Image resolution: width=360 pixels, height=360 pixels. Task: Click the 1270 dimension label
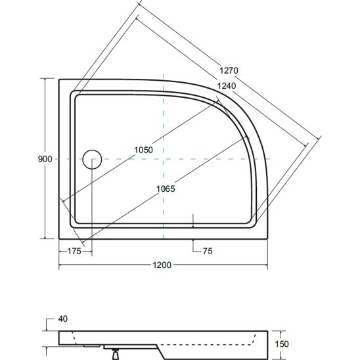(x=229, y=70)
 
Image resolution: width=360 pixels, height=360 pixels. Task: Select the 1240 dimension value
(x=227, y=86)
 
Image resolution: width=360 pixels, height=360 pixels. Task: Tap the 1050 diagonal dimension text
(x=143, y=150)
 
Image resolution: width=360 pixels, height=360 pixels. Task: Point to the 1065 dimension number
(x=166, y=189)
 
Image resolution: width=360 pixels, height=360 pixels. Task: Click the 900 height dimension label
(x=45, y=159)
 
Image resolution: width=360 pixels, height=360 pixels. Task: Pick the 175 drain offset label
(x=74, y=251)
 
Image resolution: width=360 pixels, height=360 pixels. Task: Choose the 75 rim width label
(x=208, y=251)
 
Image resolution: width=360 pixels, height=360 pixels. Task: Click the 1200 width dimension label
(x=162, y=265)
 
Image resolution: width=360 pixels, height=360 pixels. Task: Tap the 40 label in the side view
(x=62, y=319)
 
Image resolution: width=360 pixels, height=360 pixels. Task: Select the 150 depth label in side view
(x=282, y=344)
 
